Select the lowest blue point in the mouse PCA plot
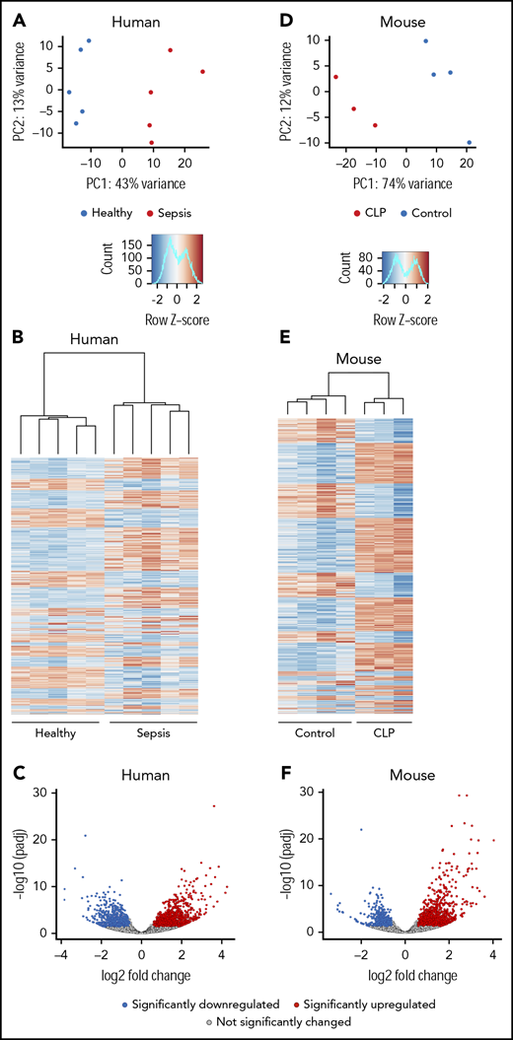coord(469,142)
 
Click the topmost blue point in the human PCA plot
coord(89,41)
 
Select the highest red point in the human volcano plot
coord(213,806)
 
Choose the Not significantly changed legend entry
coord(256,1023)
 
